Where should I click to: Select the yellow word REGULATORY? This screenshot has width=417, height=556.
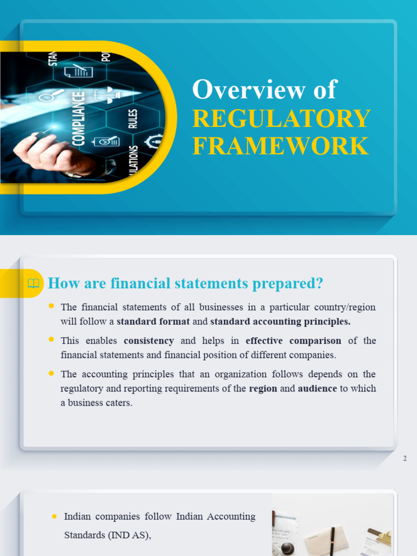point(281,119)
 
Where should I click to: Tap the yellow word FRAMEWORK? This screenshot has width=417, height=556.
point(280,146)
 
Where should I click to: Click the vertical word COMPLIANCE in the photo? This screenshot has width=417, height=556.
point(79,118)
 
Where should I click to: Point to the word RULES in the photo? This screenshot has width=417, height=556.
point(133,119)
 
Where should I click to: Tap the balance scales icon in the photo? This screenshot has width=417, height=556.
point(107,94)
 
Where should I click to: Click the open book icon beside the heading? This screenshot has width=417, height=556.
point(33,283)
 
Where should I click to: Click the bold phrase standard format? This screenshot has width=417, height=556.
point(153,321)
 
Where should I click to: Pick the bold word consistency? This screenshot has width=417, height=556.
point(149,341)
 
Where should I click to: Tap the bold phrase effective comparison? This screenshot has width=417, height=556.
point(293,341)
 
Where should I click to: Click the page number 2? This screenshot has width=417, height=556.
point(405,459)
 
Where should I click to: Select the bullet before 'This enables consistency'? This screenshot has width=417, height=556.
point(52,340)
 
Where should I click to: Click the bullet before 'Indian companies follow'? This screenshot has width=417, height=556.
point(54,516)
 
